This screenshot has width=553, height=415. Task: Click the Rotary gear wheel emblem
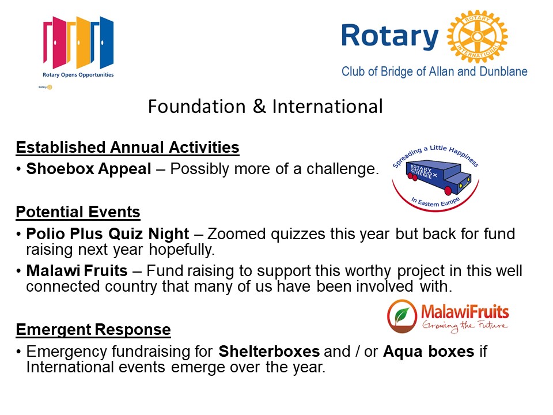477,36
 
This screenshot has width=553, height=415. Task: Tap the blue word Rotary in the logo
390,36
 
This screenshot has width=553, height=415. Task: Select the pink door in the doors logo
54,42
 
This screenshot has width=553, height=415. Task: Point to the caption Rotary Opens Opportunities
78,75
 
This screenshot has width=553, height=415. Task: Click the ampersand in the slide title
259,106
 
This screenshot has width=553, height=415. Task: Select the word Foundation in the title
197,106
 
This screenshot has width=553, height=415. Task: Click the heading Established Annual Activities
128,148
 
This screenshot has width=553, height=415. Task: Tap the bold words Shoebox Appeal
89,169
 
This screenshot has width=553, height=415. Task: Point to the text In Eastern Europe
435,202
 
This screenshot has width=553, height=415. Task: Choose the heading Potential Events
78,212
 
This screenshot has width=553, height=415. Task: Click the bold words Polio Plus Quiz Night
108,234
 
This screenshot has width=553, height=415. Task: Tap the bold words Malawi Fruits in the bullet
77,271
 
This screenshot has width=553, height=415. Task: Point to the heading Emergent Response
93,330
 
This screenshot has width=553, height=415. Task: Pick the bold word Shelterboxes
269,352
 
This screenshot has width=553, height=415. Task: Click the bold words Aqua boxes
429,352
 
